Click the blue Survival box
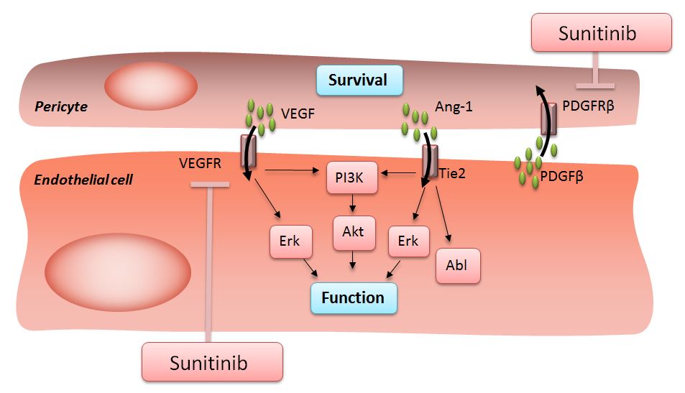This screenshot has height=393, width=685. tap(358, 80)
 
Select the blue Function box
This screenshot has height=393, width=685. tap(353, 297)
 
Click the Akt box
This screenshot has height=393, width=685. tap(354, 232)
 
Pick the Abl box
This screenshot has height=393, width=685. tap(456, 264)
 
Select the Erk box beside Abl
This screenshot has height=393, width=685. tap(408, 241)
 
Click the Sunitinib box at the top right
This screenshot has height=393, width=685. tap(601, 33)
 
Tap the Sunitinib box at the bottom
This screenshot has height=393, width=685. tap(208, 362)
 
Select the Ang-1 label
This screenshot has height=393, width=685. tap(450, 107)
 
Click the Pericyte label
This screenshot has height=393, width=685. tap(61, 106)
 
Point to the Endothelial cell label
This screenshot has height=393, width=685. tap(83, 179)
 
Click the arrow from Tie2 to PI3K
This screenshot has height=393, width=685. tap(400, 172)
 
